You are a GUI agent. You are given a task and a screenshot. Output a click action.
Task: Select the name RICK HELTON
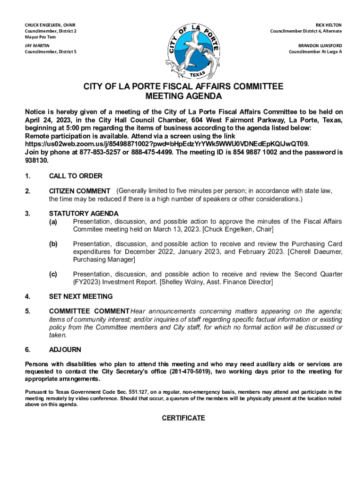click(329, 25)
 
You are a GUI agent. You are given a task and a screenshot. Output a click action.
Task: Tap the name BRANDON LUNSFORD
click(320, 46)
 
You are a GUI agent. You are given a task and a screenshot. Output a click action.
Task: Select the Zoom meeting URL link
click(167, 144)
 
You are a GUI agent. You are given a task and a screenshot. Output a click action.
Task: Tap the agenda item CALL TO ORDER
click(76, 176)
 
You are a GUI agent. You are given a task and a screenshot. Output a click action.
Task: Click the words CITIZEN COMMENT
click(80, 191)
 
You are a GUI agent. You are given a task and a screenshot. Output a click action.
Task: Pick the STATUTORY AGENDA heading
click(84, 214)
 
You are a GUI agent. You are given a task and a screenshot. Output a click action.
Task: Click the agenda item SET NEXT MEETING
click(81, 297)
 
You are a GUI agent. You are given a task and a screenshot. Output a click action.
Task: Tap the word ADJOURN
click(65, 350)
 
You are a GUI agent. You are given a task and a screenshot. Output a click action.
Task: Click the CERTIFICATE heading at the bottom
click(183, 418)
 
